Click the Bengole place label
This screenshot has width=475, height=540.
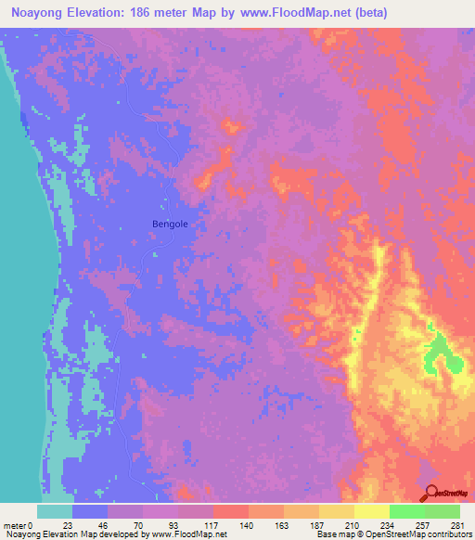(169, 224)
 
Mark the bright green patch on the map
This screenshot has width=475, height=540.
(437, 356)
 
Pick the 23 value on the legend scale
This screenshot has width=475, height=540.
(67, 524)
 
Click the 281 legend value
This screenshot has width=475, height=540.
(456, 524)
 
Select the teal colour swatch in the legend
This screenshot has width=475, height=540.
(55, 511)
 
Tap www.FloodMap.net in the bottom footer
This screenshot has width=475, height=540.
(186, 534)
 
